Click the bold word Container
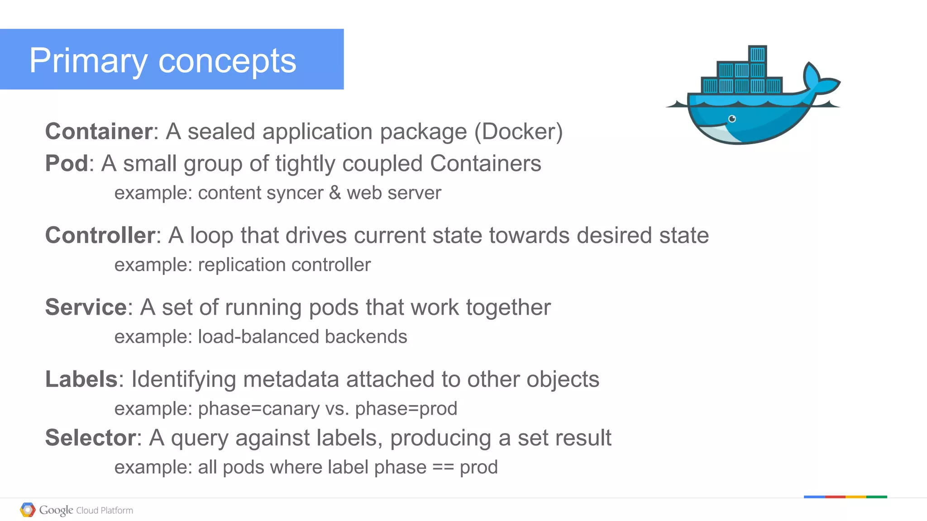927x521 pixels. [99, 132]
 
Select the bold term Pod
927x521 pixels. [67, 163]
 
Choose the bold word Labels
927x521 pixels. [81, 379]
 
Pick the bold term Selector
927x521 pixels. [91, 438]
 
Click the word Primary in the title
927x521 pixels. [88, 61]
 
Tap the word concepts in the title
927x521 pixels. [227, 61]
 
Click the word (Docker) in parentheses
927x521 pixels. [518, 132]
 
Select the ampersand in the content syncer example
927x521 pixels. [335, 193]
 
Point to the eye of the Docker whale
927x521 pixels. [732, 119]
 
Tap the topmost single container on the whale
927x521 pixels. [757, 54]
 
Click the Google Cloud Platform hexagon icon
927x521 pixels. [28, 510]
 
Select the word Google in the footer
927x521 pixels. [56, 510]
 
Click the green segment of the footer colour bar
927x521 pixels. [877, 497]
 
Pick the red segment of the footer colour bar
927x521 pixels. [835, 497]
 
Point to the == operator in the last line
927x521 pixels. [443, 467]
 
